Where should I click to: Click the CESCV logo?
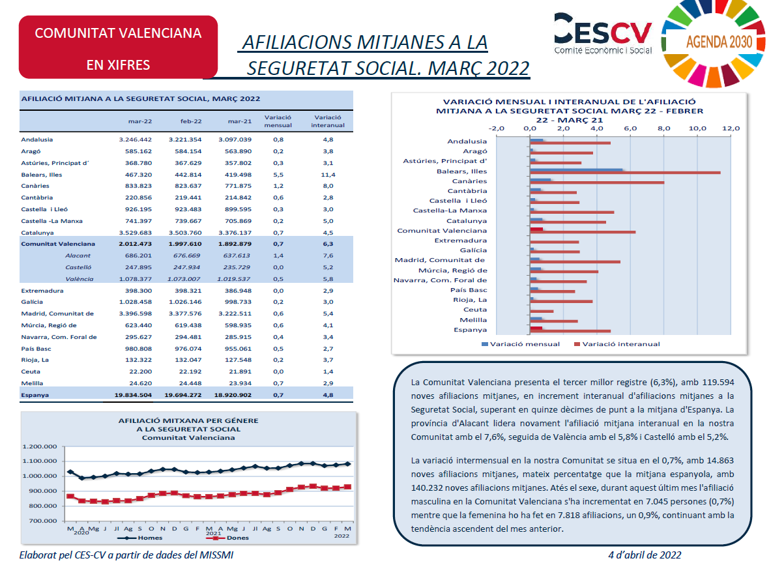pos(603,33)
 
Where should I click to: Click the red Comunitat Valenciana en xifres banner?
pos(118,47)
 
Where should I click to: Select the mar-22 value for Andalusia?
pos(135,139)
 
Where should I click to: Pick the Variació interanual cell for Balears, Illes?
pos(328,175)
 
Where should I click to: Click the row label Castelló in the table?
pos(78,267)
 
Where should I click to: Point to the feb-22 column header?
pos(191,121)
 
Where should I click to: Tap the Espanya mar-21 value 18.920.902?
pos(233,395)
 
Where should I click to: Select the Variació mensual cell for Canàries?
pos(278,186)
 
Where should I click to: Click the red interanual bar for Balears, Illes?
pos(625,173)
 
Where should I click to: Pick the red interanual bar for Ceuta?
pos(542,312)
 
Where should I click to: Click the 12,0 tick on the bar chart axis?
pos(731,128)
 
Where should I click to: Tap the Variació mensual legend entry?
pos(521,344)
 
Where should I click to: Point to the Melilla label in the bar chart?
pos(473,320)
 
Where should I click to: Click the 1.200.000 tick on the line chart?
pos(40,447)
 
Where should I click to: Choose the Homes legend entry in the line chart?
pos(139,538)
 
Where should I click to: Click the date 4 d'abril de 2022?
pos(645,555)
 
